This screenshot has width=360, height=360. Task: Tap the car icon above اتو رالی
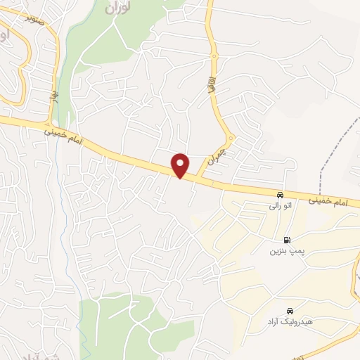tap(281, 195)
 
